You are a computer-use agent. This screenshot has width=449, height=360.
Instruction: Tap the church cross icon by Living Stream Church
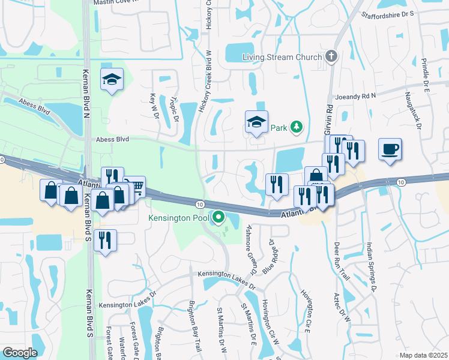pos(330,57)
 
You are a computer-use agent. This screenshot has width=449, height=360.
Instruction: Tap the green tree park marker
pos(295,127)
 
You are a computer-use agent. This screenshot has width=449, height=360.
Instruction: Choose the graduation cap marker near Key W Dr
pos(112,80)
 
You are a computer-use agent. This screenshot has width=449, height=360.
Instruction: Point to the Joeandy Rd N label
pos(355,96)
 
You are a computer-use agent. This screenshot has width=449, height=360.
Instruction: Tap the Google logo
pos(20,353)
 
